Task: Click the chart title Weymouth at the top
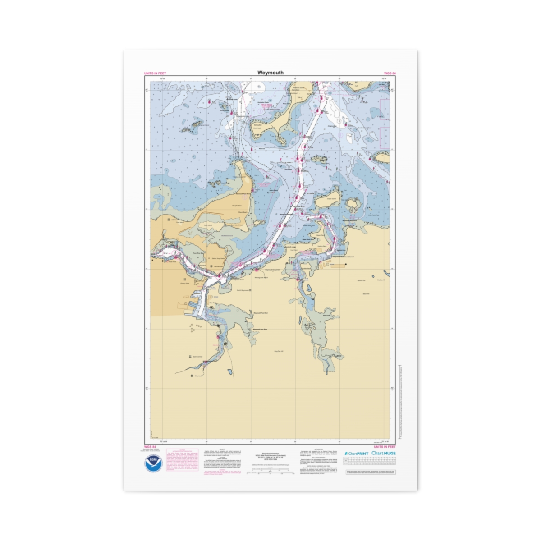[270, 73]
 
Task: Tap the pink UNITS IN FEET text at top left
[155, 73]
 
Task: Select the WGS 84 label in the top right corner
[390, 73]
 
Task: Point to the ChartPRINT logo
[357, 453]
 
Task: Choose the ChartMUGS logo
[384, 453]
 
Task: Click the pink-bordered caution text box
[182, 460]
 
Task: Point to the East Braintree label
[197, 357]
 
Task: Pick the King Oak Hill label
[279, 351]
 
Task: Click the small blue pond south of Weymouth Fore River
[230, 373]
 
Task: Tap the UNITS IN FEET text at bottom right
[385, 446]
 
